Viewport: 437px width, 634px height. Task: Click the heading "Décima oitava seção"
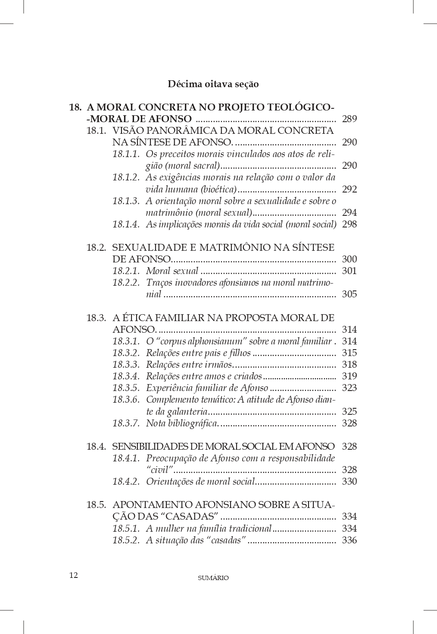pyautogui.click(x=213, y=84)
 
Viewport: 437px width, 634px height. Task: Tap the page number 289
pyautogui.click(x=349, y=119)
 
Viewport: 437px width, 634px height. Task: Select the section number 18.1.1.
pyautogui.click(x=126, y=154)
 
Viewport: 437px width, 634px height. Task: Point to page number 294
pyautogui.click(x=349, y=212)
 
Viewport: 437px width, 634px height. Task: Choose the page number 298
pyautogui.click(x=349, y=224)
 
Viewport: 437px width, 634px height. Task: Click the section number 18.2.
pyautogui.click(x=96, y=248)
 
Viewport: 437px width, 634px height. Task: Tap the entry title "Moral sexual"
pyautogui.click(x=172, y=271)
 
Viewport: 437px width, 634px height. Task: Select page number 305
pyautogui.click(x=349, y=294)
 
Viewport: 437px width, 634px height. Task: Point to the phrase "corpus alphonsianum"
pyautogui.click(x=200, y=341)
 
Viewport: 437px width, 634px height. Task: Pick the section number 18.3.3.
pyautogui.click(x=126, y=365)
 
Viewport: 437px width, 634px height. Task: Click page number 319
pyautogui.click(x=349, y=376)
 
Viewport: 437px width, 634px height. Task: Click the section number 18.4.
pyautogui.click(x=96, y=446)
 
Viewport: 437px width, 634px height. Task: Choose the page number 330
pyautogui.click(x=349, y=482)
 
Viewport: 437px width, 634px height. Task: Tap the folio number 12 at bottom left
pyautogui.click(x=74, y=575)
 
